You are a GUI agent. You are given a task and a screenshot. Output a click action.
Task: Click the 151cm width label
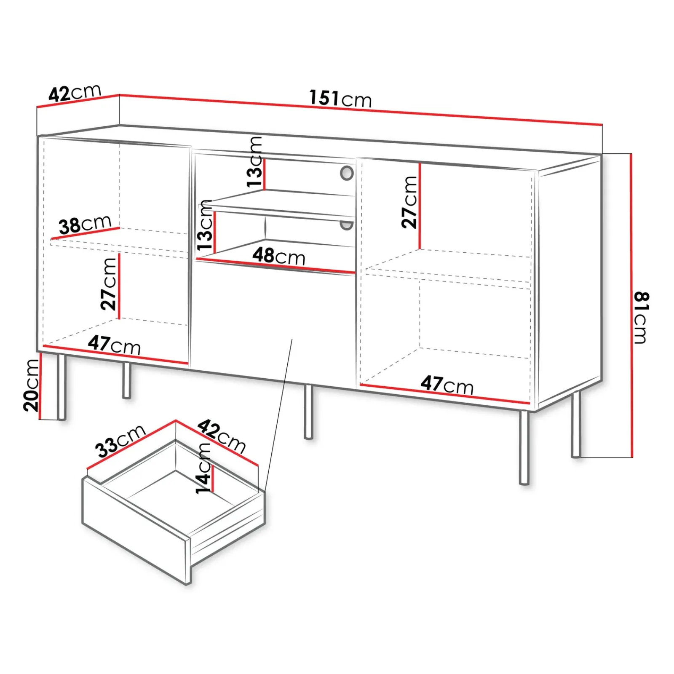click(340, 99)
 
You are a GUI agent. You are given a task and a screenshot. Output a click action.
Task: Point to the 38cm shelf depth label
click(85, 225)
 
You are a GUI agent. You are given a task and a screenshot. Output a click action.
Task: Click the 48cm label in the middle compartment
click(278, 256)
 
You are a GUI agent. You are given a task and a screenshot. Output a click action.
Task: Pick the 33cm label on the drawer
click(120, 441)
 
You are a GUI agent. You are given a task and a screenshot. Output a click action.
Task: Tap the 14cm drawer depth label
click(203, 468)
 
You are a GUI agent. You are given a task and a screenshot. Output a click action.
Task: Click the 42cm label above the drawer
click(222, 436)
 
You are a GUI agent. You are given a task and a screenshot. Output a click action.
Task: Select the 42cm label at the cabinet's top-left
click(75, 93)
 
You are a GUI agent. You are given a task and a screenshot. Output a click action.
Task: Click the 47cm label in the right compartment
click(447, 385)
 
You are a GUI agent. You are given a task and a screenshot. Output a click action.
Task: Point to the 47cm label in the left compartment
click(114, 345)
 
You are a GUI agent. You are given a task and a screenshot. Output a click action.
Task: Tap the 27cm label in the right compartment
click(409, 203)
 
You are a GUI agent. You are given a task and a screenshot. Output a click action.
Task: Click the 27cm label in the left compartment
click(108, 284)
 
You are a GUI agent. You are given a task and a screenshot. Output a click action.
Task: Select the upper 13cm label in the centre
click(255, 162)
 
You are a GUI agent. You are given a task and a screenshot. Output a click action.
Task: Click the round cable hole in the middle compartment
click(347, 173)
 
